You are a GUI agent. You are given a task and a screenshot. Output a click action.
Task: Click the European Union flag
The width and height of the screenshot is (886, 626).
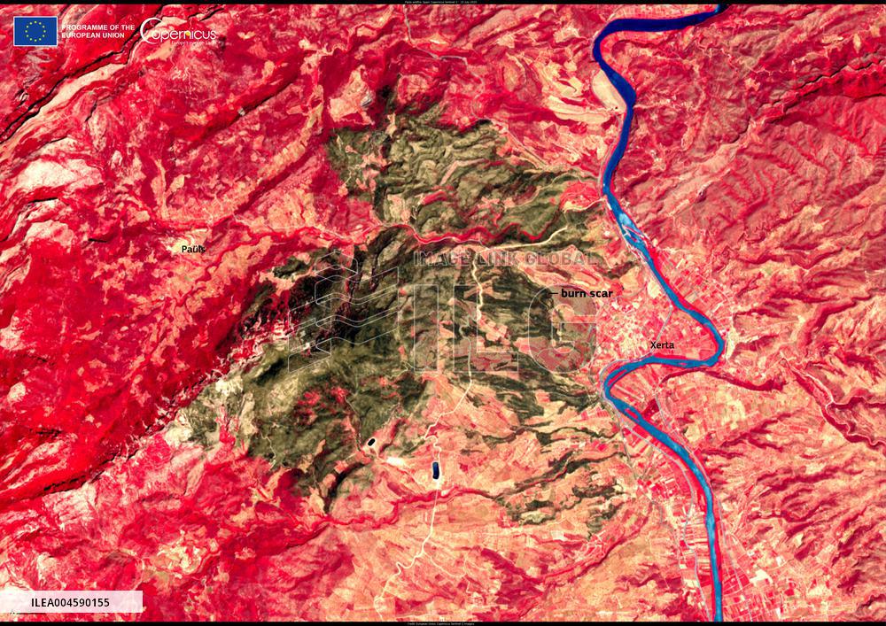(x=35, y=31)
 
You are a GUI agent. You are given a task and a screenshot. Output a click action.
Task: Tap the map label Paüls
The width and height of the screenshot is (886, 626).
(x=193, y=250)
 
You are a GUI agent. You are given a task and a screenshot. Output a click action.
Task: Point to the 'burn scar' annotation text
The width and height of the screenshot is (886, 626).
(x=587, y=291)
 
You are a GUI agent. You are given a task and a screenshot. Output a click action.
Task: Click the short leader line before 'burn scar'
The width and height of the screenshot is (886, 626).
(x=555, y=291)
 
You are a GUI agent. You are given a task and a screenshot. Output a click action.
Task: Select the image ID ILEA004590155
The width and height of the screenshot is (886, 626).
(x=71, y=602)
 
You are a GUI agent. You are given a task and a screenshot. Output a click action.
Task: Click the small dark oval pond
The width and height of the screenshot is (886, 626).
(x=369, y=440)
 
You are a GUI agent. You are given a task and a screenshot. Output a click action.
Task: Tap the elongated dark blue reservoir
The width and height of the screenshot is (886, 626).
(x=436, y=470)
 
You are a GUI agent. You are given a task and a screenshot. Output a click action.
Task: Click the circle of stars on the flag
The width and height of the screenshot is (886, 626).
(x=35, y=31)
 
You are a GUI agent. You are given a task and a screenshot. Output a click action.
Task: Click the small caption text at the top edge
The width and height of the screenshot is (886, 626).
(x=443, y=3)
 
